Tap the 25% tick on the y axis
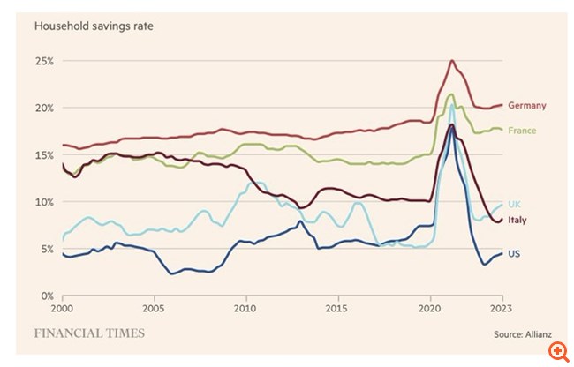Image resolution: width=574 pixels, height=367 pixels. [x=45, y=61]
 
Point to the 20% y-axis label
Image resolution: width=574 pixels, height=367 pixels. [x=45, y=108]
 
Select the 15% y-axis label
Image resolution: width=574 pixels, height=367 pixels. [x=45, y=154]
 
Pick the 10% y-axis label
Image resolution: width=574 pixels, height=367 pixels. [x=45, y=201]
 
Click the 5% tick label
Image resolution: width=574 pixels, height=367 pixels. [x=48, y=248]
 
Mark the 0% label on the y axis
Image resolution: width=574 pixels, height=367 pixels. [x=48, y=295]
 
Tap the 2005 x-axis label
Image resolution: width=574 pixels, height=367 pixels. [x=154, y=310]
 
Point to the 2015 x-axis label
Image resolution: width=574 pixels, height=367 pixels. [x=336, y=310]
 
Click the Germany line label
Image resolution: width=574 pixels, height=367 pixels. [x=526, y=106]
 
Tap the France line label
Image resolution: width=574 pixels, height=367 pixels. [x=522, y=131]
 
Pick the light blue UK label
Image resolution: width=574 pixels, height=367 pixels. [x=514, y=204]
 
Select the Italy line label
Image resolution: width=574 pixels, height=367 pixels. [x=517, y=220]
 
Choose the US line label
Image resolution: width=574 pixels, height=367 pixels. [x=514, y=254]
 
